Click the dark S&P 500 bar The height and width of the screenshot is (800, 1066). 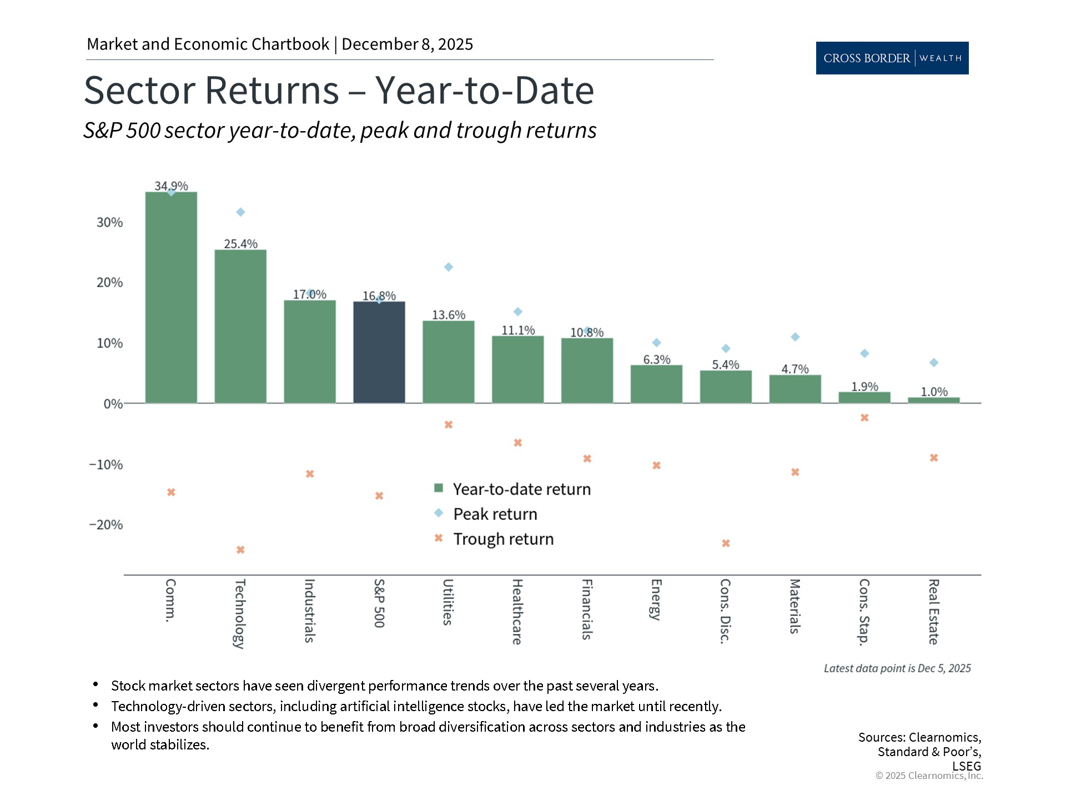point(379,352)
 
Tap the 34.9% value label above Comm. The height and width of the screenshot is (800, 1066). point(171,186)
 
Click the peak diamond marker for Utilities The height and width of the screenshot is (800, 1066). point(449,267)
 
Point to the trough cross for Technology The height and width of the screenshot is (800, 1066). point(240,550)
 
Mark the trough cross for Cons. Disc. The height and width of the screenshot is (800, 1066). point(726,543)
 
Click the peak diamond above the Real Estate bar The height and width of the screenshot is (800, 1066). point(934,363)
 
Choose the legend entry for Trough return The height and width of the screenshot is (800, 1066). point(503,539)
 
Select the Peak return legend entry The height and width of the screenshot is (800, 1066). point(495,514)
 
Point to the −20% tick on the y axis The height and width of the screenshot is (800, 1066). point(106,524)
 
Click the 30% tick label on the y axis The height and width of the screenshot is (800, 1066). point(110,222)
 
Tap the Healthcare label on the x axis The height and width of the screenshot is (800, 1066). point(517,611)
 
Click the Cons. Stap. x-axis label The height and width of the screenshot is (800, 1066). point(864,612)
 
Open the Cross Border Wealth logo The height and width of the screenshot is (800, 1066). point(892,58)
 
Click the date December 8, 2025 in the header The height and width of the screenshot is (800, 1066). point(407,44)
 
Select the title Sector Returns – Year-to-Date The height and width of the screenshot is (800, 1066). point(339,90)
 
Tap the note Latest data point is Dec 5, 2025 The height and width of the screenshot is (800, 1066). point(897,668)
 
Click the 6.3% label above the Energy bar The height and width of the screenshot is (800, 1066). point(657,359)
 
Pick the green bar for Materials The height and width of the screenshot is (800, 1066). point(795,389)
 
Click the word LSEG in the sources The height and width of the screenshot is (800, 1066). point(966,766)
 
